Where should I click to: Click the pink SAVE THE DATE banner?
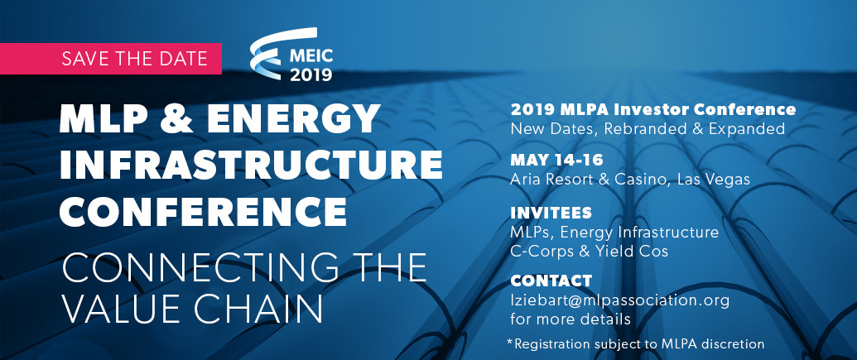pos(111,59)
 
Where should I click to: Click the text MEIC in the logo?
pos(311,56)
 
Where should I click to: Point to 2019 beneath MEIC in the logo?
pos(311,74)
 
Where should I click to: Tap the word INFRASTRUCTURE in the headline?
pos(251,165)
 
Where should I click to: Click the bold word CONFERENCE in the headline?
pos(203,211)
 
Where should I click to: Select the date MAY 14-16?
pos(556,160)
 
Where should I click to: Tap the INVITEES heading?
pos(551,213)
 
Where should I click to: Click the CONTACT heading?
pos(551,281)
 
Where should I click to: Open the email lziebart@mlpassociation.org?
pos(620,300)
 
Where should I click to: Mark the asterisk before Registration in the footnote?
pos(510,342)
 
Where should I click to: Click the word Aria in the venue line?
pos(524,180)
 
